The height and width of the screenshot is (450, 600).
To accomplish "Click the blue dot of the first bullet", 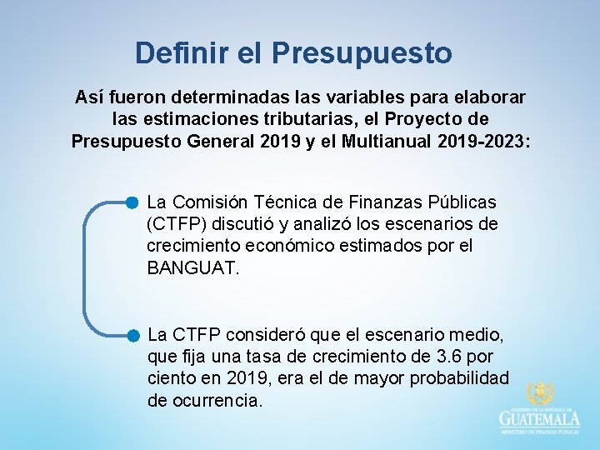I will tap(132, 202).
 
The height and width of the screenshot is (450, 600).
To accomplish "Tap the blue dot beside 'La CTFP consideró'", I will tap(132, 336).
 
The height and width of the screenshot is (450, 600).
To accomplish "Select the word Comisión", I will tap(212, 202).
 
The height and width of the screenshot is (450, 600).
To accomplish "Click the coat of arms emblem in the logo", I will tap(540, 394).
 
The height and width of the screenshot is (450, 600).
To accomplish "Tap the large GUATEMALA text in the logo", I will tap(540, 419).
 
